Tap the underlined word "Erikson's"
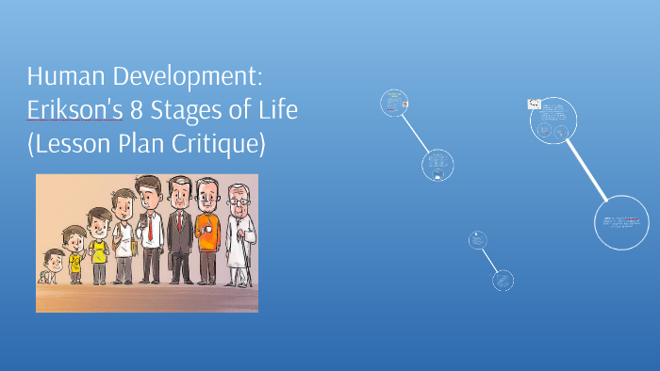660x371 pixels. tap(75, 110)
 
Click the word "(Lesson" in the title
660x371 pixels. tap(67, 144)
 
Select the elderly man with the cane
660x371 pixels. tap(240, 235)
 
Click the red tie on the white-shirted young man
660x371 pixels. tap(147, 225)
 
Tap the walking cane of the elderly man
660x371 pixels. tap(248, 264)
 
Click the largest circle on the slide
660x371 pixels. tap(622, 223)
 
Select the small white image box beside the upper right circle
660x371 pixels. tap(534, 105)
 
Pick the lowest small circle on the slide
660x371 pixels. tap(503, 280)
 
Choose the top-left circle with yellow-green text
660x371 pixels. tap(393, 103)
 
